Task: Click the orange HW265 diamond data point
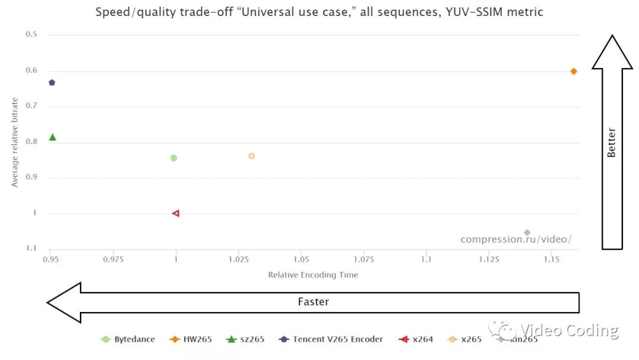tap(573, 71)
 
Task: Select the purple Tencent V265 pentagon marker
tap(52, 82)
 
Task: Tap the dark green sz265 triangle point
tap(53, 137)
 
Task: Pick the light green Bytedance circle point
tap(173, 158)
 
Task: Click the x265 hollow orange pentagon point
tap(251, 156)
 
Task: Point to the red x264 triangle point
tap(176, 213)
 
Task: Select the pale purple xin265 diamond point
tap(527, 233)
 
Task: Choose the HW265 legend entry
tap(192, 339)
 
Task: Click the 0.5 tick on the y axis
tap(31, 34)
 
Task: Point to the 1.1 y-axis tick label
tap(31, 249)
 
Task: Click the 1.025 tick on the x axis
tap(238, 260)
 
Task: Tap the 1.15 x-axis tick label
tap(551, 260)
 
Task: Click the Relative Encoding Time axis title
tap(313, 275)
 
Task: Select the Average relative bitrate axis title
tap(15, 142)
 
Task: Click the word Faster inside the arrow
tap(313, 302)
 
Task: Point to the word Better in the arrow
tap(612, 142)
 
